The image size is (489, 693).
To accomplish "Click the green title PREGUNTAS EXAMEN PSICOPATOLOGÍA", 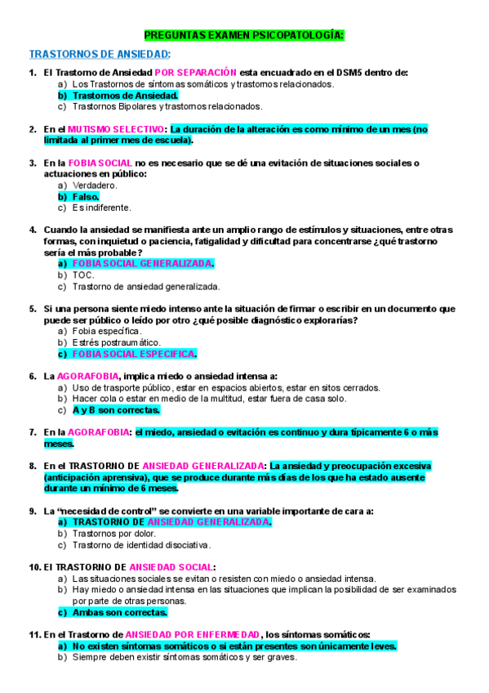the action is [244, 36].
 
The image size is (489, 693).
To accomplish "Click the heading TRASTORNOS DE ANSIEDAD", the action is [100, 54].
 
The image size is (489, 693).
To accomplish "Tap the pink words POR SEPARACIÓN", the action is [196, 73].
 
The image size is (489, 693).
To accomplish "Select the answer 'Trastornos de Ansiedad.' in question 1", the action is [119, 95].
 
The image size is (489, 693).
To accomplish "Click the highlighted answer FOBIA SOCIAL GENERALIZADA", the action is [143, 264].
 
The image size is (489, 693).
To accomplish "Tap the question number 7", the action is [33, 431].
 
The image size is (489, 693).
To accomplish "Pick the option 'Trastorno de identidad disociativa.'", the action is [141, 544].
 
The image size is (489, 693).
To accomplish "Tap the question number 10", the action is [34, 566].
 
